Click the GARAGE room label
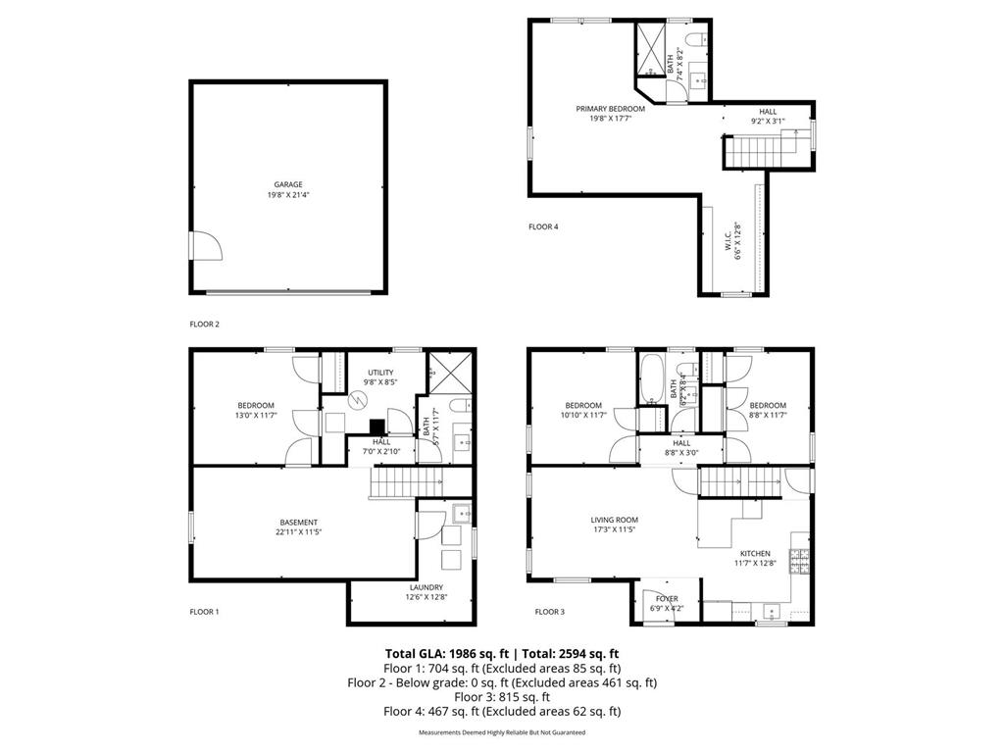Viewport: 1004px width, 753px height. point(288,184)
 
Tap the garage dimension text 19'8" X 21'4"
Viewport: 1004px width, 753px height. point(288,195)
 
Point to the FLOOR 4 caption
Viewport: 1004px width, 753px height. point(543,227)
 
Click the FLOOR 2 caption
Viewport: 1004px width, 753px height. point(204,323)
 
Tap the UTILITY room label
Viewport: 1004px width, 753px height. point(380,373)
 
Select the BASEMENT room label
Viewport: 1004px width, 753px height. point(298,522)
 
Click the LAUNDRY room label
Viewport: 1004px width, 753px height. point(412,587)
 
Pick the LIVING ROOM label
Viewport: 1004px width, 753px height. point(615,520)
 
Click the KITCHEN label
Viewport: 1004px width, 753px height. point(755,553)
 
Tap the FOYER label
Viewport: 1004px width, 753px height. point(667,598)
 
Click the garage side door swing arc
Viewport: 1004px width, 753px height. point(207,244)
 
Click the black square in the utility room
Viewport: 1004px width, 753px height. point(376,426)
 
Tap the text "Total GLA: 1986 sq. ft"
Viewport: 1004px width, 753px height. point(443,653)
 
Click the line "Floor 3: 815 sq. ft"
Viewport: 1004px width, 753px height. point(501,697)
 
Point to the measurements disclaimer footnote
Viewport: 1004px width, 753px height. point(502,732)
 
